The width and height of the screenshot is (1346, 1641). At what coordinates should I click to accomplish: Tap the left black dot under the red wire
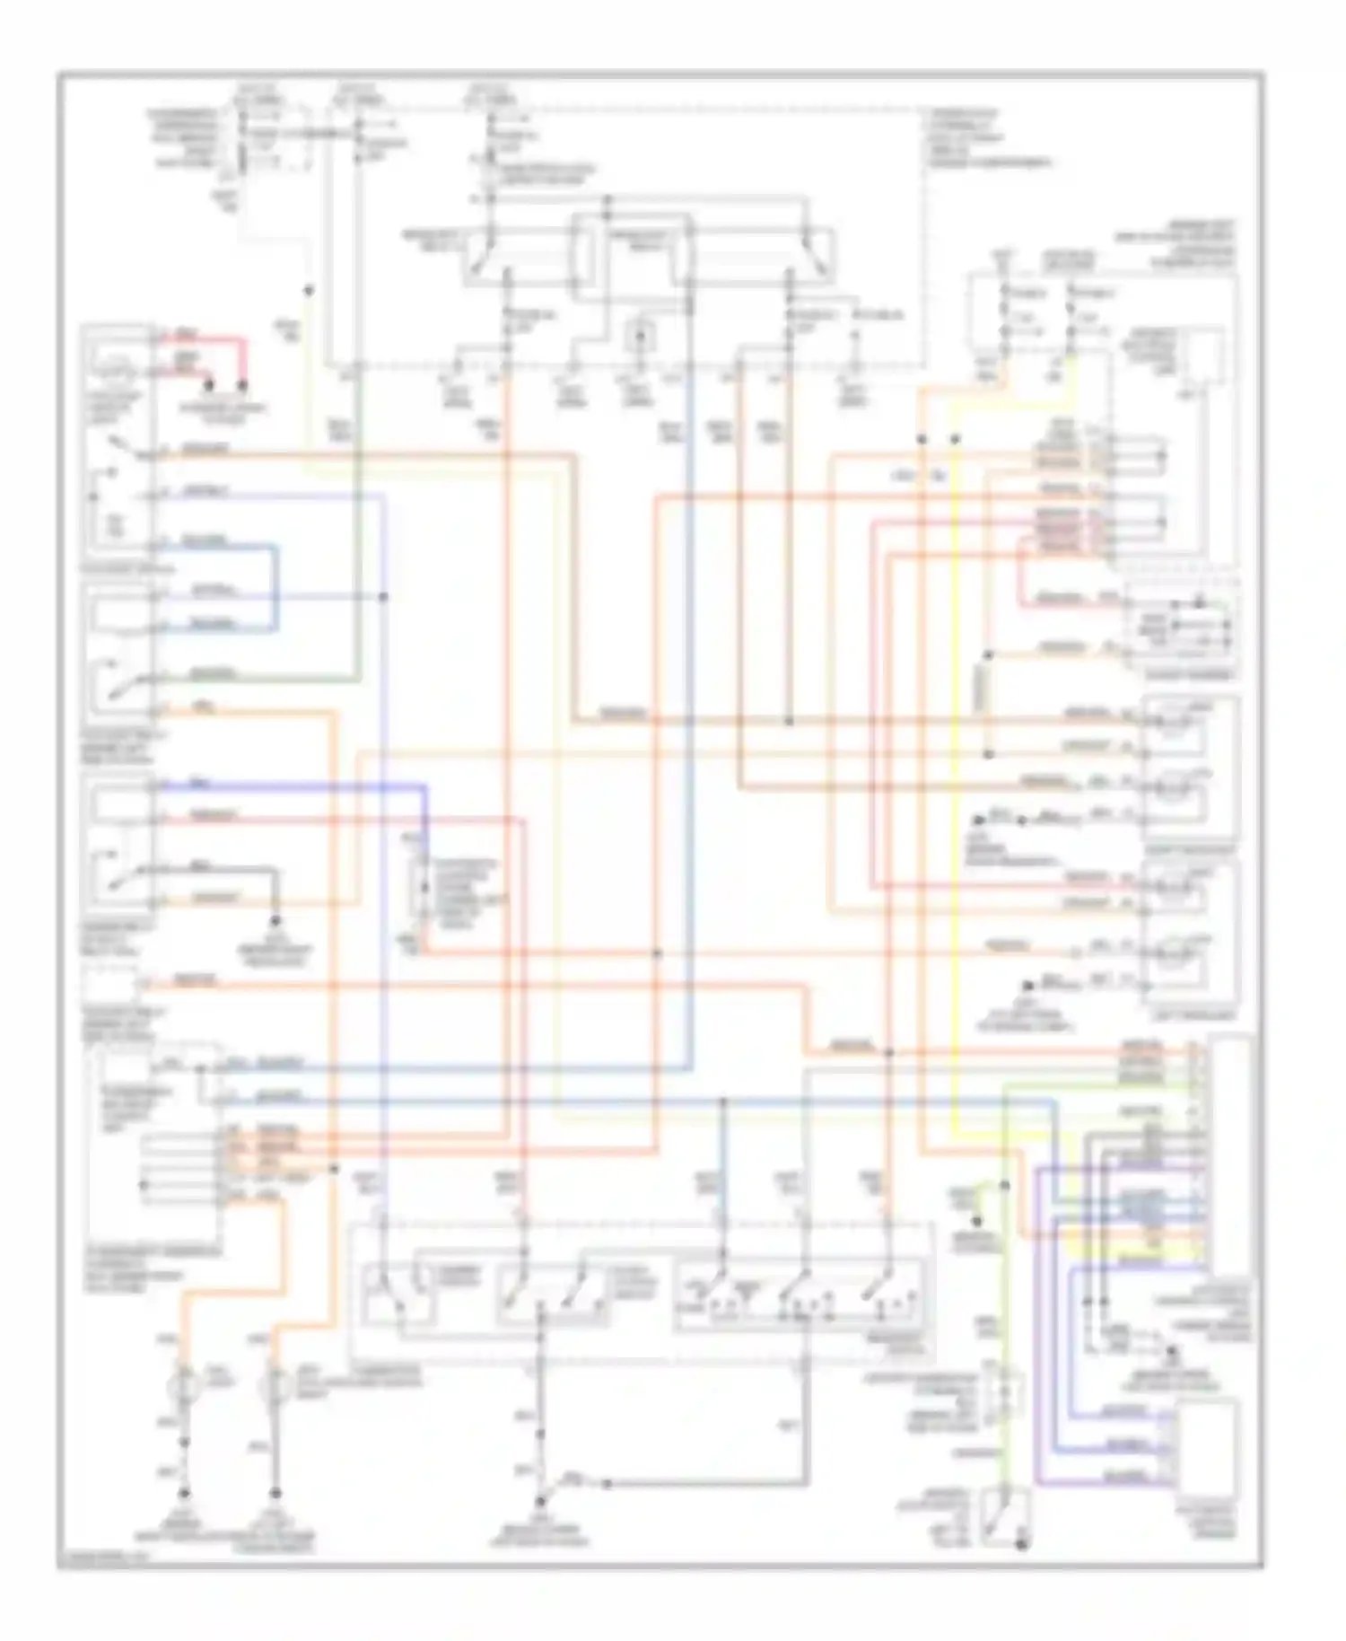209,386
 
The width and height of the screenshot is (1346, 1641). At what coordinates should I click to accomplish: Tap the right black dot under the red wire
243,386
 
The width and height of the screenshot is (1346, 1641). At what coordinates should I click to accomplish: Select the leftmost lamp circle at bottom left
185,1388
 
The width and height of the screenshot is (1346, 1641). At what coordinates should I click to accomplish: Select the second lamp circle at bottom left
274,1388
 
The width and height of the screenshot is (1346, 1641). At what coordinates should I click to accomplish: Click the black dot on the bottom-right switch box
1020,1545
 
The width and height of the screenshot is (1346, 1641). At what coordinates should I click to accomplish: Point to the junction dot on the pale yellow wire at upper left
308,291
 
